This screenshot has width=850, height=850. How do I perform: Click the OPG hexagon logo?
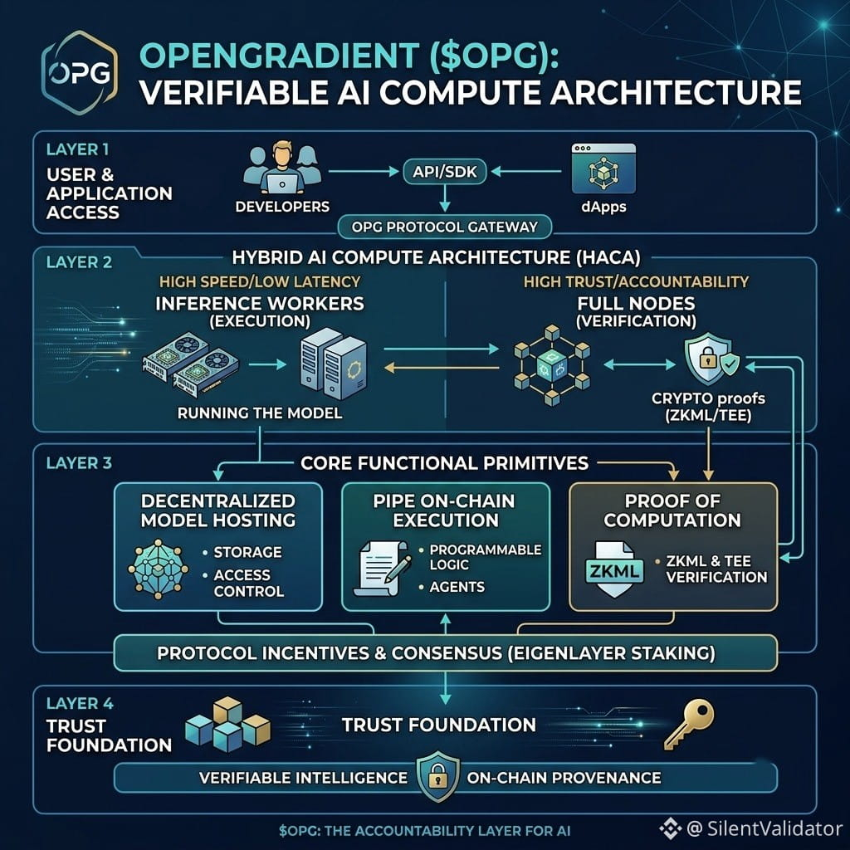click(x=80, y=73)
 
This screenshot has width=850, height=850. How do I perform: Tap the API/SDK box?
click(x=445, y=172)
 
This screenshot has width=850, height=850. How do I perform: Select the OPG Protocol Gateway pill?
click(x=445, y=227)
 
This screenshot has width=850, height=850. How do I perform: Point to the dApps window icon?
click(x=603, y=168)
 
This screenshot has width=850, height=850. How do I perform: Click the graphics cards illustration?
click(x=190, y=365)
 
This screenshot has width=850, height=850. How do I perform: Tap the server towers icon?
click(x=334, y=364)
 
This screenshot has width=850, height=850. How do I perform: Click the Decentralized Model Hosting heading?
click(x=218, y=510)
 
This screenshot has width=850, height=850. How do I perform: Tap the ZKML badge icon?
click(x=615, y=569)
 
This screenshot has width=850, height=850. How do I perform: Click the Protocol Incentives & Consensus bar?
click(x=445, y=652)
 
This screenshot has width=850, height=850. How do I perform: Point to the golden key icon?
click(x=689, y=724)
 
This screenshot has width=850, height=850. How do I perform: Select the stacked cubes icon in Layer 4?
click(x=227, y=724)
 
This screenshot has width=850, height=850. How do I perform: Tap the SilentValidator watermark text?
click(x=764, y=828)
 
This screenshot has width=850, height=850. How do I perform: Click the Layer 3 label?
click(x=79, y=463)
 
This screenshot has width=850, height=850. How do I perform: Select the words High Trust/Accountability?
click(x=636, y=281)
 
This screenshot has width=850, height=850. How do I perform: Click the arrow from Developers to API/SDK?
click(x=364, y=172)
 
